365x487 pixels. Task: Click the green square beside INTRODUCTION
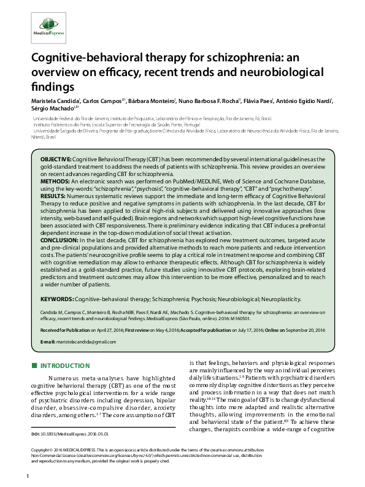(34, 367)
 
